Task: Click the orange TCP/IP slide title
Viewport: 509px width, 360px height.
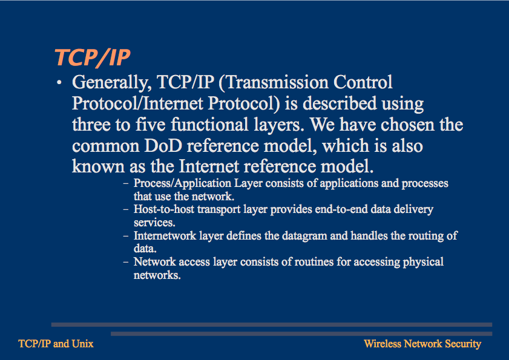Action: pyautogui.click(x=93, y=58)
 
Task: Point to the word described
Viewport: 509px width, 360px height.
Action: pyautogui.click(x=339, y=103)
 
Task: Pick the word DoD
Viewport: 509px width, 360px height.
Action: pyautogui.click(x=163, y=146)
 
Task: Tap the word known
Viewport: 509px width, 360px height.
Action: pyautogui.click(x=98, y=166)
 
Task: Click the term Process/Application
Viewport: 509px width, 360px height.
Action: pyautogui.click(x=182, y=184)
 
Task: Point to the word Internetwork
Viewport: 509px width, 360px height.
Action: pyautogui.click(x=165, y=235)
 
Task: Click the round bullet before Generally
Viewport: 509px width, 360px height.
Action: pyautogui.click(x=59, y=83)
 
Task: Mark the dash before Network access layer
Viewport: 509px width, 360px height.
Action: pyautogui.click(x=126, y=262)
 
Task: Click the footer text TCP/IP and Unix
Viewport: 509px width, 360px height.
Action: pyautogui.click(x=56, y=344)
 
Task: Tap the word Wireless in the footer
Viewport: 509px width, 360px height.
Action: pyautogui.click(x=382, y=344)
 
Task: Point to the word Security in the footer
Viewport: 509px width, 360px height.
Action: pyautogui.click(x=463, y=344)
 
